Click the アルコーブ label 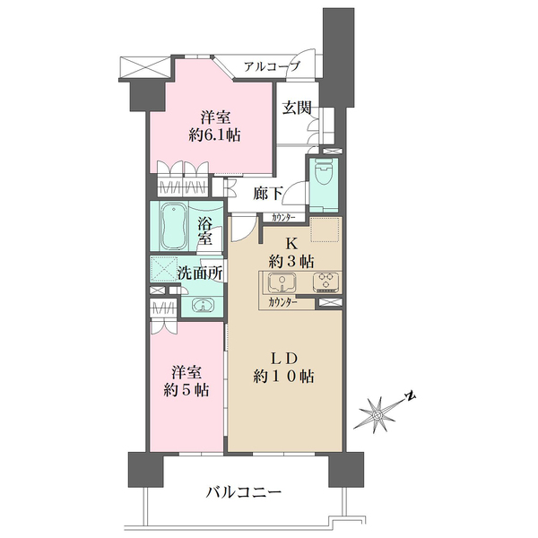[272, 66]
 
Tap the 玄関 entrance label [297, 108]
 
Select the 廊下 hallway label [268, 194]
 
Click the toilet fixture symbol [324, 173]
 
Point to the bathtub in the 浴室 [174, 227]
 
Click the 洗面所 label [200, 273]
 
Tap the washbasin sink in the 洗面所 [203, 305]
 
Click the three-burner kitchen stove [326, 282]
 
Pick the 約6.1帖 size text [215, 135]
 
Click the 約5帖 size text [187, 390]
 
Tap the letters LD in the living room [283, 359]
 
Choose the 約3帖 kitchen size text [291, 262]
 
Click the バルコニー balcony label [244, 492]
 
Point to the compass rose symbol [378, 414]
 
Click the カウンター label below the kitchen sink [282, 303]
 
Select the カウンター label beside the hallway [283, 218]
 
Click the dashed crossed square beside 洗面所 [163, 269]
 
